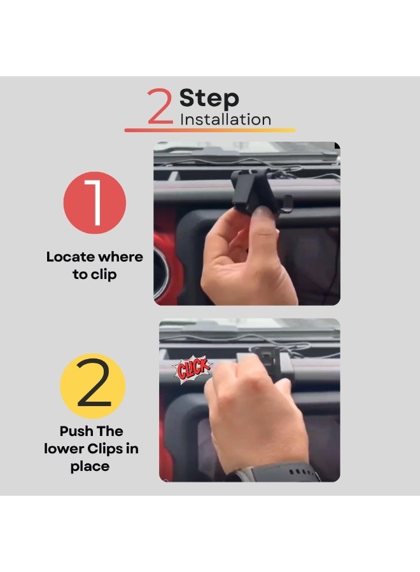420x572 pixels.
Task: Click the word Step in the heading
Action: (x=209, y=99)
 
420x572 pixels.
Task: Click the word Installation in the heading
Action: (x=225, y=119)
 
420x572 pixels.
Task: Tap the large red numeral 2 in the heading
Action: (x=160, y=106)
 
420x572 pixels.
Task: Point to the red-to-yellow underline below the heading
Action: (x=209, y=130)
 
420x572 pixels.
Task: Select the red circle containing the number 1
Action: (x=95, y=203)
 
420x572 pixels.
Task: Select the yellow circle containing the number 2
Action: (x=93, y=386)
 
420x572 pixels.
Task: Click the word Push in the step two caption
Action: (x=76, y=431)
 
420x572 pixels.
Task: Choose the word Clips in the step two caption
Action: (x=105, y=449)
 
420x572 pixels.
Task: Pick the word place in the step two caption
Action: (x=90, y=466)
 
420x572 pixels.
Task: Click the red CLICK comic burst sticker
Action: (x=192, y=369)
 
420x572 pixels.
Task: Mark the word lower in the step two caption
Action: (x=64, y=449)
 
